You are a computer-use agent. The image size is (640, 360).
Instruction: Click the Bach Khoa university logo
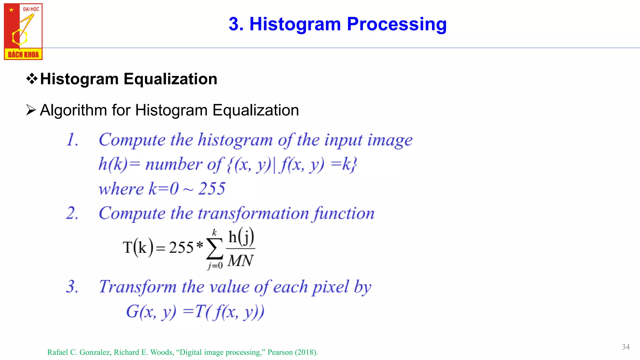click(x=23, y=31)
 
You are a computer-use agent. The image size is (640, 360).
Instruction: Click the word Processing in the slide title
click(x=397, y=24)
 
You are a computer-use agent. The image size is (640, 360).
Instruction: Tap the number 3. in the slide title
click(x=236, y=24)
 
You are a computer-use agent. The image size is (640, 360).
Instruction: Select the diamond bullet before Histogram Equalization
click(x=32, y=79)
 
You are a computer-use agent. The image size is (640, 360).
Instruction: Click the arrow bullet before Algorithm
click(x=31, y=110)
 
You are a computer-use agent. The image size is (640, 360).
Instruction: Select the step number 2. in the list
click(x=72, y=213)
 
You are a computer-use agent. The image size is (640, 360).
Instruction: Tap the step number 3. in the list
click(x=72, y=286)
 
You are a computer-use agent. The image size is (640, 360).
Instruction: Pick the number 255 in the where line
click(x=212, y=188)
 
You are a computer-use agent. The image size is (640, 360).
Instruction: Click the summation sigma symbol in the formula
click(x=214, y=249)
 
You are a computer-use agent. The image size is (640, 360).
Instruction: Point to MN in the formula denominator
click(x=240, y=261)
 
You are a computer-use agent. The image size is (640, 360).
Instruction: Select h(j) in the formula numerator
click(x=241, y=237)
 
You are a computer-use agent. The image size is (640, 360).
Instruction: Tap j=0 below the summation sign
click(x=215, y=266)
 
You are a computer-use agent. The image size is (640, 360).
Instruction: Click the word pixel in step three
click(x=330, y=287)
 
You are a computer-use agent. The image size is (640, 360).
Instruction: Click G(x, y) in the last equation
click(x=151, y=312)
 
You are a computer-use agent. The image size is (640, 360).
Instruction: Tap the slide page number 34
click(x=626, y=347)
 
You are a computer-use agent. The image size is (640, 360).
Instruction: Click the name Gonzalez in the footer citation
click(x=95, y=352)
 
